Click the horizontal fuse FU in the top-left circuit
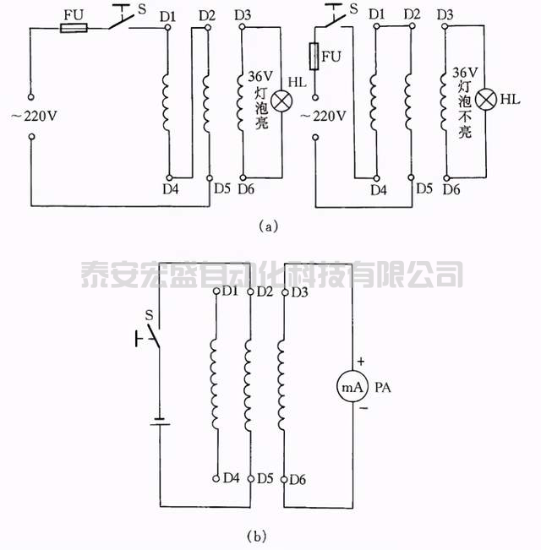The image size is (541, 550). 74,28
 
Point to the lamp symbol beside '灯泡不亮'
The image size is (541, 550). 485,101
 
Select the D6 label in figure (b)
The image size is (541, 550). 297,480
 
